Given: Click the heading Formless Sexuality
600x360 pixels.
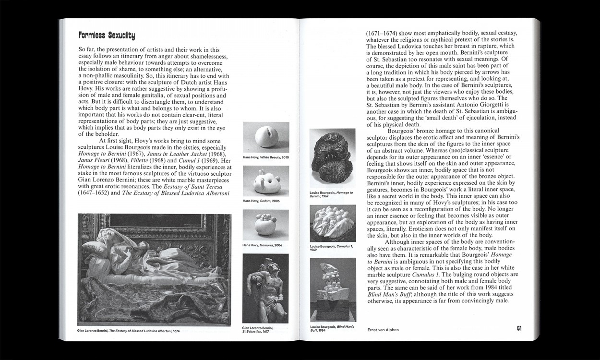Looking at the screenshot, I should pyautogui.click(x=107, y=36).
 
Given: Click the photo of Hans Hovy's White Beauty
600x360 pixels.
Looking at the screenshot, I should pyautogui.click(x=265, y=137).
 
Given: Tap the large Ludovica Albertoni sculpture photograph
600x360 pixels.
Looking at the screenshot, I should pyautogui.click(x=154, y=269).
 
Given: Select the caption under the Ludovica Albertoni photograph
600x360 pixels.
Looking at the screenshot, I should pyautogui.click(x=128, y=331).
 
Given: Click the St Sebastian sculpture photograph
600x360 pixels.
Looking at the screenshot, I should pyautogui.click(x=265, y=288).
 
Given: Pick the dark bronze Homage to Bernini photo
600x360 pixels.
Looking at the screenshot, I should pyautogui.click(x=333, y=158).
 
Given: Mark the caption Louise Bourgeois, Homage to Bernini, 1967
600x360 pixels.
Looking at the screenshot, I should pyautogui.click(x=331, y=194).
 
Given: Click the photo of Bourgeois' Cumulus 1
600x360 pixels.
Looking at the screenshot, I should pyautogui.click(x=333, y=223).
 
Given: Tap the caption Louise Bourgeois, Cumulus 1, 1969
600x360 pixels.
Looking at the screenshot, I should pyautogui.click(x=331, y=248).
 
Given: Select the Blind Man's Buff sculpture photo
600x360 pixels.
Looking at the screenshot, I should pyautogui.click(x=333, y=289).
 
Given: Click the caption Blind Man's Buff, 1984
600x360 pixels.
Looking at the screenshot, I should pyautogui.click(x=332, y=329).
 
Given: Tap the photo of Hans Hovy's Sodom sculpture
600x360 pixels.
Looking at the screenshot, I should pyautogui.click(x=265, y=181).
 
